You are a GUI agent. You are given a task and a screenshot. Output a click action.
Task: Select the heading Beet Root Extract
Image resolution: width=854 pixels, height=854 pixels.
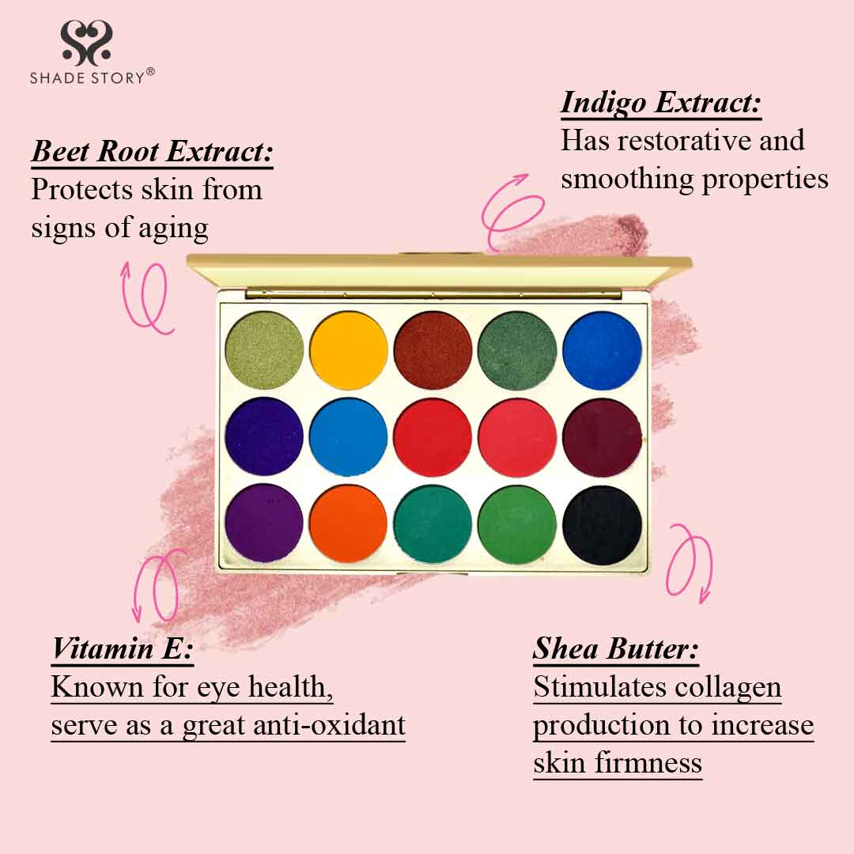[152, 151]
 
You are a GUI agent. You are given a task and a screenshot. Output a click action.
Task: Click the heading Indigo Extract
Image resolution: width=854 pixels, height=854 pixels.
[660, 103]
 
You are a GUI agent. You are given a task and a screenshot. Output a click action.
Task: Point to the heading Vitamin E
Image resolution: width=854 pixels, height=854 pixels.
[122, 649]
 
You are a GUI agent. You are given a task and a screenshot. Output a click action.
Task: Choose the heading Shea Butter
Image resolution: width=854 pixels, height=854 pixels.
[615, 649]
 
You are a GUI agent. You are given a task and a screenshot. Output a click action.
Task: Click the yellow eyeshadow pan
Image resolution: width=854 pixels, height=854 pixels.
[349, 350]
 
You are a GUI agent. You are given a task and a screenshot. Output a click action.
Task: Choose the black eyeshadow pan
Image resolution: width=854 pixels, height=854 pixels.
[602, 525]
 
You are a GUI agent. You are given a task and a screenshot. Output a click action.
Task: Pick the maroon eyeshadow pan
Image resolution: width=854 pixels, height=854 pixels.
[602, 438]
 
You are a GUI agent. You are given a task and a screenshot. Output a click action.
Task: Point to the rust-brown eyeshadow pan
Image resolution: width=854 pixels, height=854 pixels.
[433, 350]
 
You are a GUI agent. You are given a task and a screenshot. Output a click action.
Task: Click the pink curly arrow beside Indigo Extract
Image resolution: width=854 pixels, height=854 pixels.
[507, 210]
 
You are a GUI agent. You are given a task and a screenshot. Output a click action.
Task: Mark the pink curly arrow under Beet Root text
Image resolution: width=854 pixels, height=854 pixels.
[145, 297]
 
